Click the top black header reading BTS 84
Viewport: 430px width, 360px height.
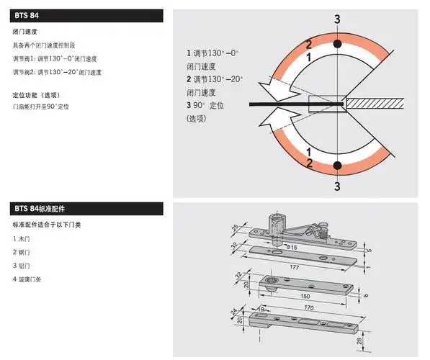pos(86,15)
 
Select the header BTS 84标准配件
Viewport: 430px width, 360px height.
pos(86,209)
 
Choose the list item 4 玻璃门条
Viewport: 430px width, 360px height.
pos(27,279)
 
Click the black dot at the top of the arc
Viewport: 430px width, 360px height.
pos(337,45)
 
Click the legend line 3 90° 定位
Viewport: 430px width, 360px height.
pos(208,105)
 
